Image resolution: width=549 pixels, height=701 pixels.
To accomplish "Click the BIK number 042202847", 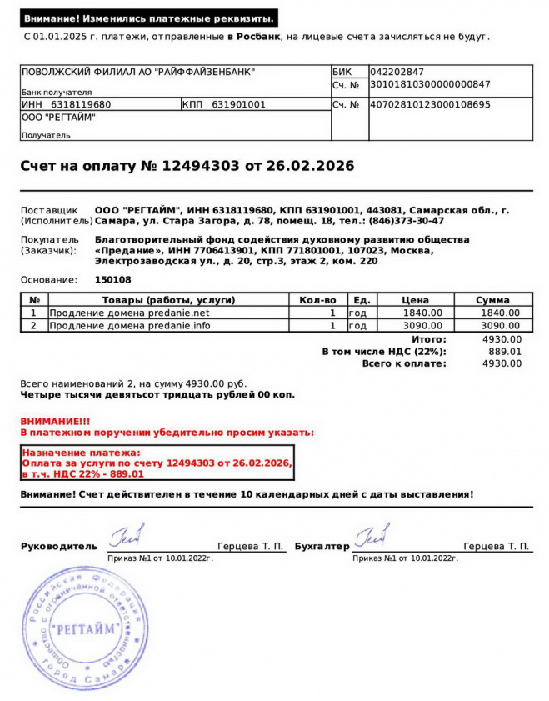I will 397,73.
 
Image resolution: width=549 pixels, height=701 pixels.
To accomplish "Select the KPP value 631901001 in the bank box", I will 238,105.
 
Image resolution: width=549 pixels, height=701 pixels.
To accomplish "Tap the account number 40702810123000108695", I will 430,105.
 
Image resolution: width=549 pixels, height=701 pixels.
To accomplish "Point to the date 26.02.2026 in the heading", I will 310,166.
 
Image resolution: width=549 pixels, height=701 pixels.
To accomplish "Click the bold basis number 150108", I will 112,280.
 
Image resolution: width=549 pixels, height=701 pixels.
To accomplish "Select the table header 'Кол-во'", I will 317,300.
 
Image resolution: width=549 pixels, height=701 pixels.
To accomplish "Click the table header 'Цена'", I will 415,300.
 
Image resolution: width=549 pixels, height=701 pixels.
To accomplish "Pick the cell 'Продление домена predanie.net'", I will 129,313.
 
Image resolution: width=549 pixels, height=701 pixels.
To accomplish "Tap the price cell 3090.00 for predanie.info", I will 422,325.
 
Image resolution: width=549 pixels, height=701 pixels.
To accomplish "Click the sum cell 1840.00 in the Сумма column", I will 500,313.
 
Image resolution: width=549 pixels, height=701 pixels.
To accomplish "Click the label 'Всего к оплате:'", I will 404,364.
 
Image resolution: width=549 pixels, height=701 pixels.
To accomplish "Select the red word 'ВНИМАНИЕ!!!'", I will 55,422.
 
